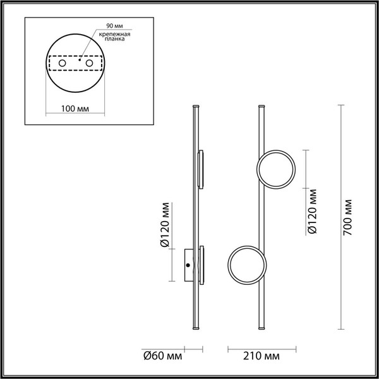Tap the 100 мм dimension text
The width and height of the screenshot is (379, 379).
click(x=75, y=108)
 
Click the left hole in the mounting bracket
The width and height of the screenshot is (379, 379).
click(x=62, y=64)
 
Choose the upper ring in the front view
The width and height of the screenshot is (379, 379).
click(x=275, y=169)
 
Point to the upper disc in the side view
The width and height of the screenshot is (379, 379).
click(x=202, y=169)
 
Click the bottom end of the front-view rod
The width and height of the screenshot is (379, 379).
click(x=262, y=328)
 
